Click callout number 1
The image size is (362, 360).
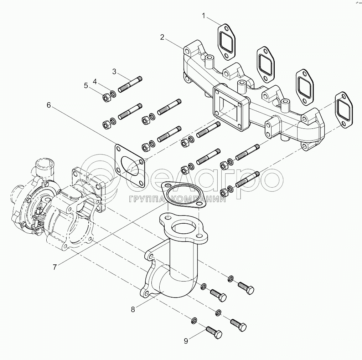tap(203, 16)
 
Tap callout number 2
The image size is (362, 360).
tap(162, 37)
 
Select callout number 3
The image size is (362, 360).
tap(114, 72)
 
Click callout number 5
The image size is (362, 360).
tap(86, 86)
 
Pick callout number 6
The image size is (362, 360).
tap(48, 105)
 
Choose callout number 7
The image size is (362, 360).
tap(55, 267)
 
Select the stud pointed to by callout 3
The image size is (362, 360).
tap(130, 85)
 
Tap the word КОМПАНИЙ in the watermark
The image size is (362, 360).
tap(199, 199)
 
